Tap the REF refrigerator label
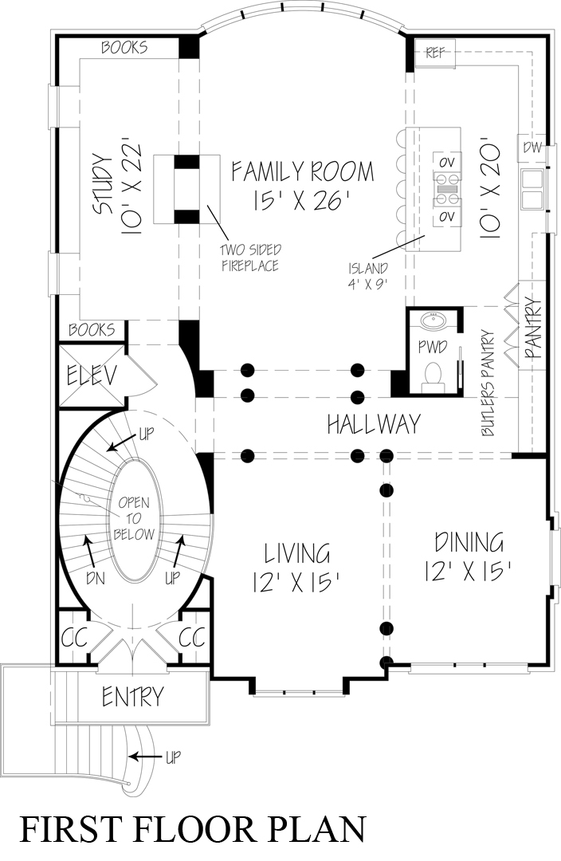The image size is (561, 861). pos(434,53)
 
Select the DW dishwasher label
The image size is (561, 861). pos(531,147)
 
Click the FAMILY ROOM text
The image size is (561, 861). pos(302,171)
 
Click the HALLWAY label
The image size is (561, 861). pos(373,424)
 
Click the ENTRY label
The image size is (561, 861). pos(132,696)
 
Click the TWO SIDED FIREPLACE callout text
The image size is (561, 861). pos(250,258)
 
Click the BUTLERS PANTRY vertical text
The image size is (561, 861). pos(488,383)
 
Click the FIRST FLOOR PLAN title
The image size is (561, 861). pos(192,828)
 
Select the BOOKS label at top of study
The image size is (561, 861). pos(124,48)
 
